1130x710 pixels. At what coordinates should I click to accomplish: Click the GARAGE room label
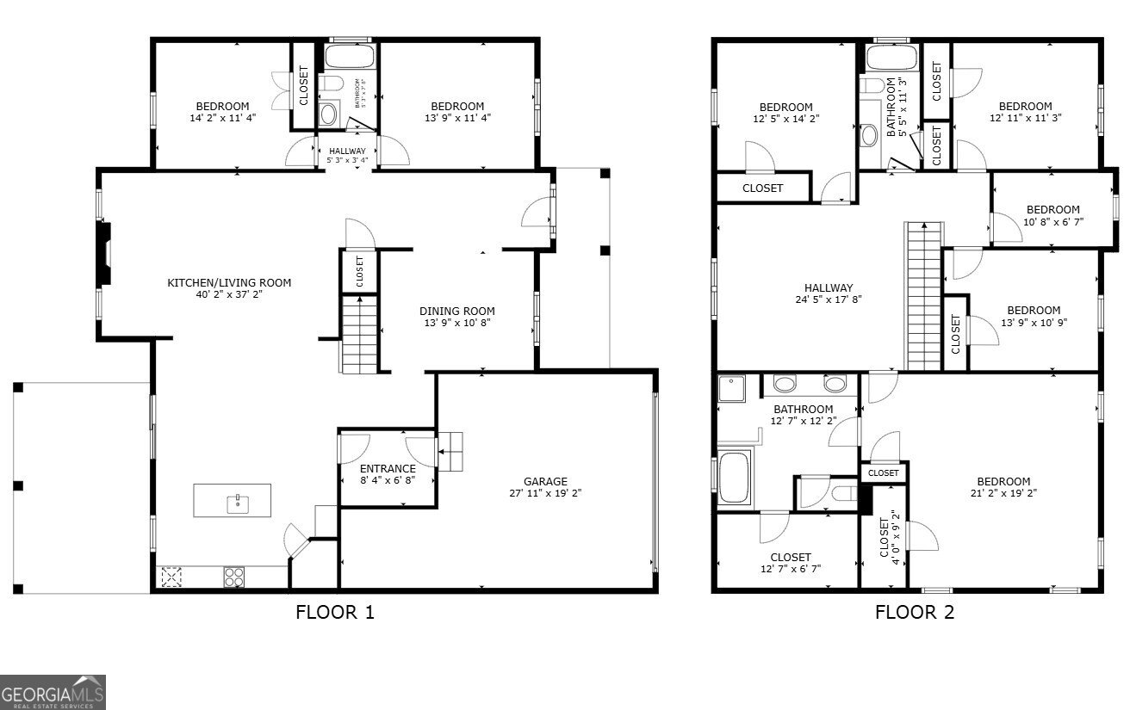point(545,481)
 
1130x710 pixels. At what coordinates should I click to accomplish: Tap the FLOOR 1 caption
point(335,613)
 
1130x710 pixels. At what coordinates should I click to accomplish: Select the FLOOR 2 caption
point(915,613)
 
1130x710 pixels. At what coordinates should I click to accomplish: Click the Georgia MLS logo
point(53,692)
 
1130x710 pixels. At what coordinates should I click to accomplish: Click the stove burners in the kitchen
point(233,576)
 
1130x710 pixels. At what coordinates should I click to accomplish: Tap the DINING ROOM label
point(456,312)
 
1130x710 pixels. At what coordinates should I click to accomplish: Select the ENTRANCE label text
point(388,469)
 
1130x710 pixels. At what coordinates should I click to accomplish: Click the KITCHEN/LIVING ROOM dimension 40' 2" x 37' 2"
point(228,294)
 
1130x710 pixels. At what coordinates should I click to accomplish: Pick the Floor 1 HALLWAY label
point(347,151)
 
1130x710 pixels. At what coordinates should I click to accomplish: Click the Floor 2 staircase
point(923,296)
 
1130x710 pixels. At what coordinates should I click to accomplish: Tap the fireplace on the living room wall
point(104,254)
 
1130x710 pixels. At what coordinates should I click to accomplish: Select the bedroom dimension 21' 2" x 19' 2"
point(1003,494)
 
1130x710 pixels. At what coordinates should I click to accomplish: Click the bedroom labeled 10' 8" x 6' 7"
point(1052,215)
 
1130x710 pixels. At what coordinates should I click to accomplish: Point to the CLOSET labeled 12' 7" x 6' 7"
point(791,562)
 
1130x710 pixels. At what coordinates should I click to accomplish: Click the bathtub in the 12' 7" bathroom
point(736,478)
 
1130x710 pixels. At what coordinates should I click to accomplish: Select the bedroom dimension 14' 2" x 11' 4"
point(221,118)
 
